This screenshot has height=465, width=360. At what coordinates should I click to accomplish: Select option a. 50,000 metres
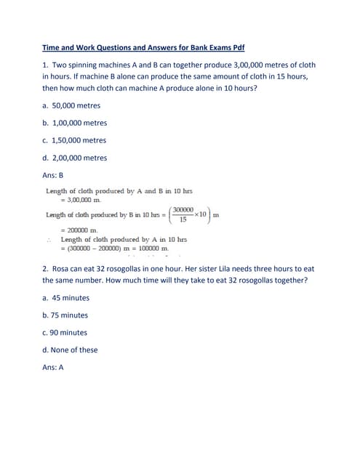[71, 105]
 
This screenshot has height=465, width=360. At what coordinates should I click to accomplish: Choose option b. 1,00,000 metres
[74, 123]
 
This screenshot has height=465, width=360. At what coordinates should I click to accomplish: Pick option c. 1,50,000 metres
[74, 140]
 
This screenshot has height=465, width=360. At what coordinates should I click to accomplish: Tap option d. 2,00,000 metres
[74, 158]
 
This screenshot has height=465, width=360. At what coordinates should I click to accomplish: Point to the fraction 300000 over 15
[183, 214]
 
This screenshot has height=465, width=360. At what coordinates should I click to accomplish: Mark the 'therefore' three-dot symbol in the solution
[49, 239]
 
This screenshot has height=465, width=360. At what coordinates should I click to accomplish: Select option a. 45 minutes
[66, 298]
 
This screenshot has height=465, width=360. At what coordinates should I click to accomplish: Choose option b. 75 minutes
[65, 315]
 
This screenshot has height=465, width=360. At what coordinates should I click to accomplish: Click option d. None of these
[70, 349]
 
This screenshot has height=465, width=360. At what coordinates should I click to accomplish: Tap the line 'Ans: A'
[53, 367]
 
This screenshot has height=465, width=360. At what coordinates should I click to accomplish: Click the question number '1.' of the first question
[45, 65]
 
